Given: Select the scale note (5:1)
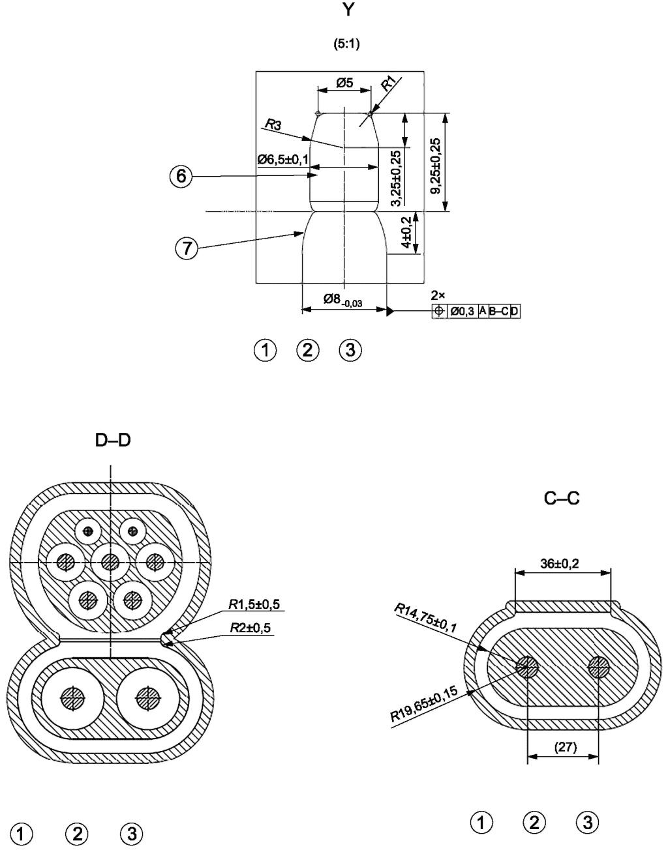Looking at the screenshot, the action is (x=346, y=44).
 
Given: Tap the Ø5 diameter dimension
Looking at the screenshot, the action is (x=344, y=83).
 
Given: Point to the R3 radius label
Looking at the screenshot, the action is (x=273, y=125).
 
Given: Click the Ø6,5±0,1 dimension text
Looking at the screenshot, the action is (x=283, y=160).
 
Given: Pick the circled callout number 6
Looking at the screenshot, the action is (x=181, y=177).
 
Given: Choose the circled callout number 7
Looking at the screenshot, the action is (x=187, y=248).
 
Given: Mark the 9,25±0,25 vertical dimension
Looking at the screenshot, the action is (x=435, y=166).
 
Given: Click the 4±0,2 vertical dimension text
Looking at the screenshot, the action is (x=407, y=232).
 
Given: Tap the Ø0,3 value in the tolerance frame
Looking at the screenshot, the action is (x=462, y=312).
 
